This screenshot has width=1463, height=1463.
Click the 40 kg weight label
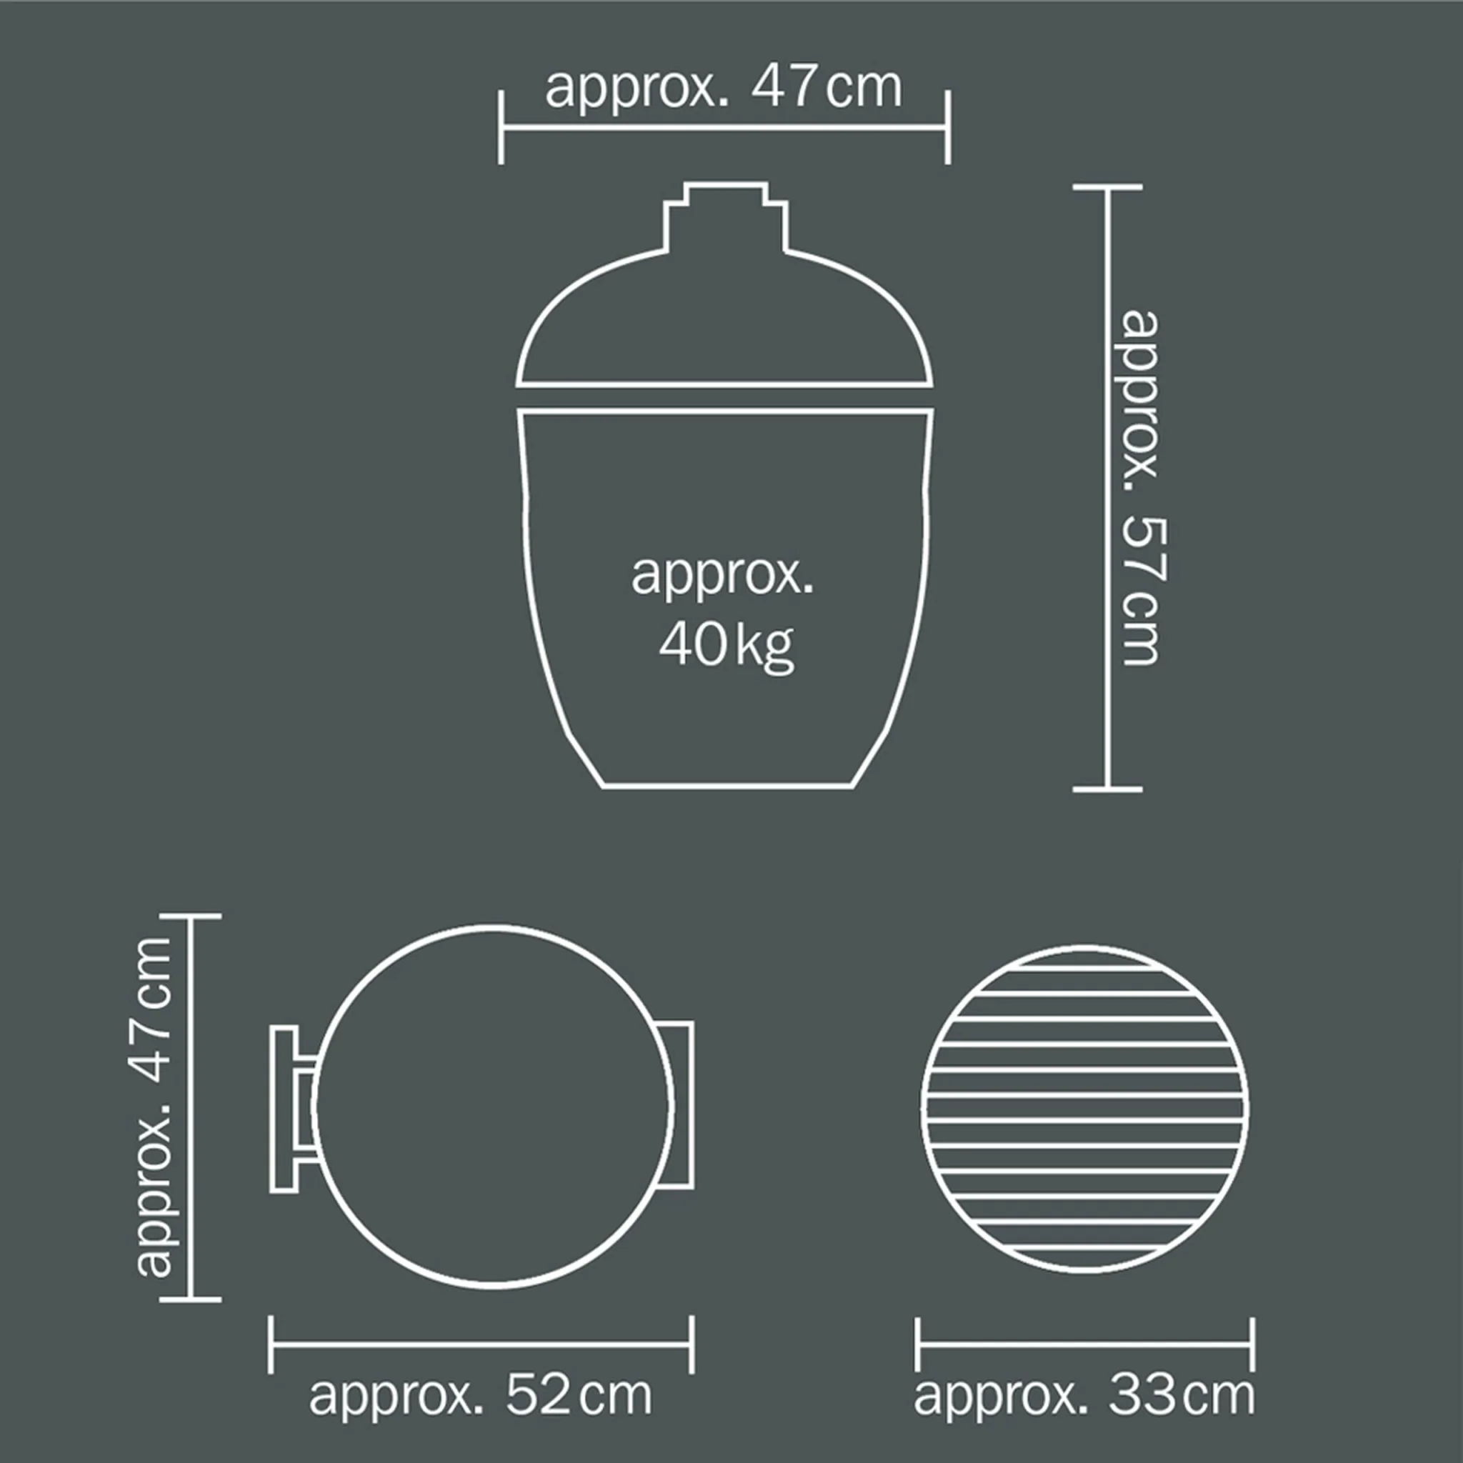pos(726,646)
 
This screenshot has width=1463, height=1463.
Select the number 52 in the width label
pos(538,1395)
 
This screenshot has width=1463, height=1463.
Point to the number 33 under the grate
pos(1143,1395)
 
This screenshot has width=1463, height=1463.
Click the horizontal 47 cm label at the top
pos(723,88)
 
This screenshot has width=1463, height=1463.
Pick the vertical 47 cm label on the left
pos(154,1107)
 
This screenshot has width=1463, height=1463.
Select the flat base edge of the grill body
pos(727,787)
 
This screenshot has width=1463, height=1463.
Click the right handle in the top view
pos(681,1105)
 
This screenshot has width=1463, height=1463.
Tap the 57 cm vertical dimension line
pos(1107,489)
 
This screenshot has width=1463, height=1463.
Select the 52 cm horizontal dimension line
pos(481,1345)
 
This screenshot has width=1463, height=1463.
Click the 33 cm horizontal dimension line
pos(1084,1345)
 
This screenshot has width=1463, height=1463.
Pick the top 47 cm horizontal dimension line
pos(724,127)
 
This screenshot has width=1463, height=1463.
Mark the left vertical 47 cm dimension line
pos(190,1107)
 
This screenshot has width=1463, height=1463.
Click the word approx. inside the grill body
pos(721,576)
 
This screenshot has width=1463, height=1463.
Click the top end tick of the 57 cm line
pos(1107,186)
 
